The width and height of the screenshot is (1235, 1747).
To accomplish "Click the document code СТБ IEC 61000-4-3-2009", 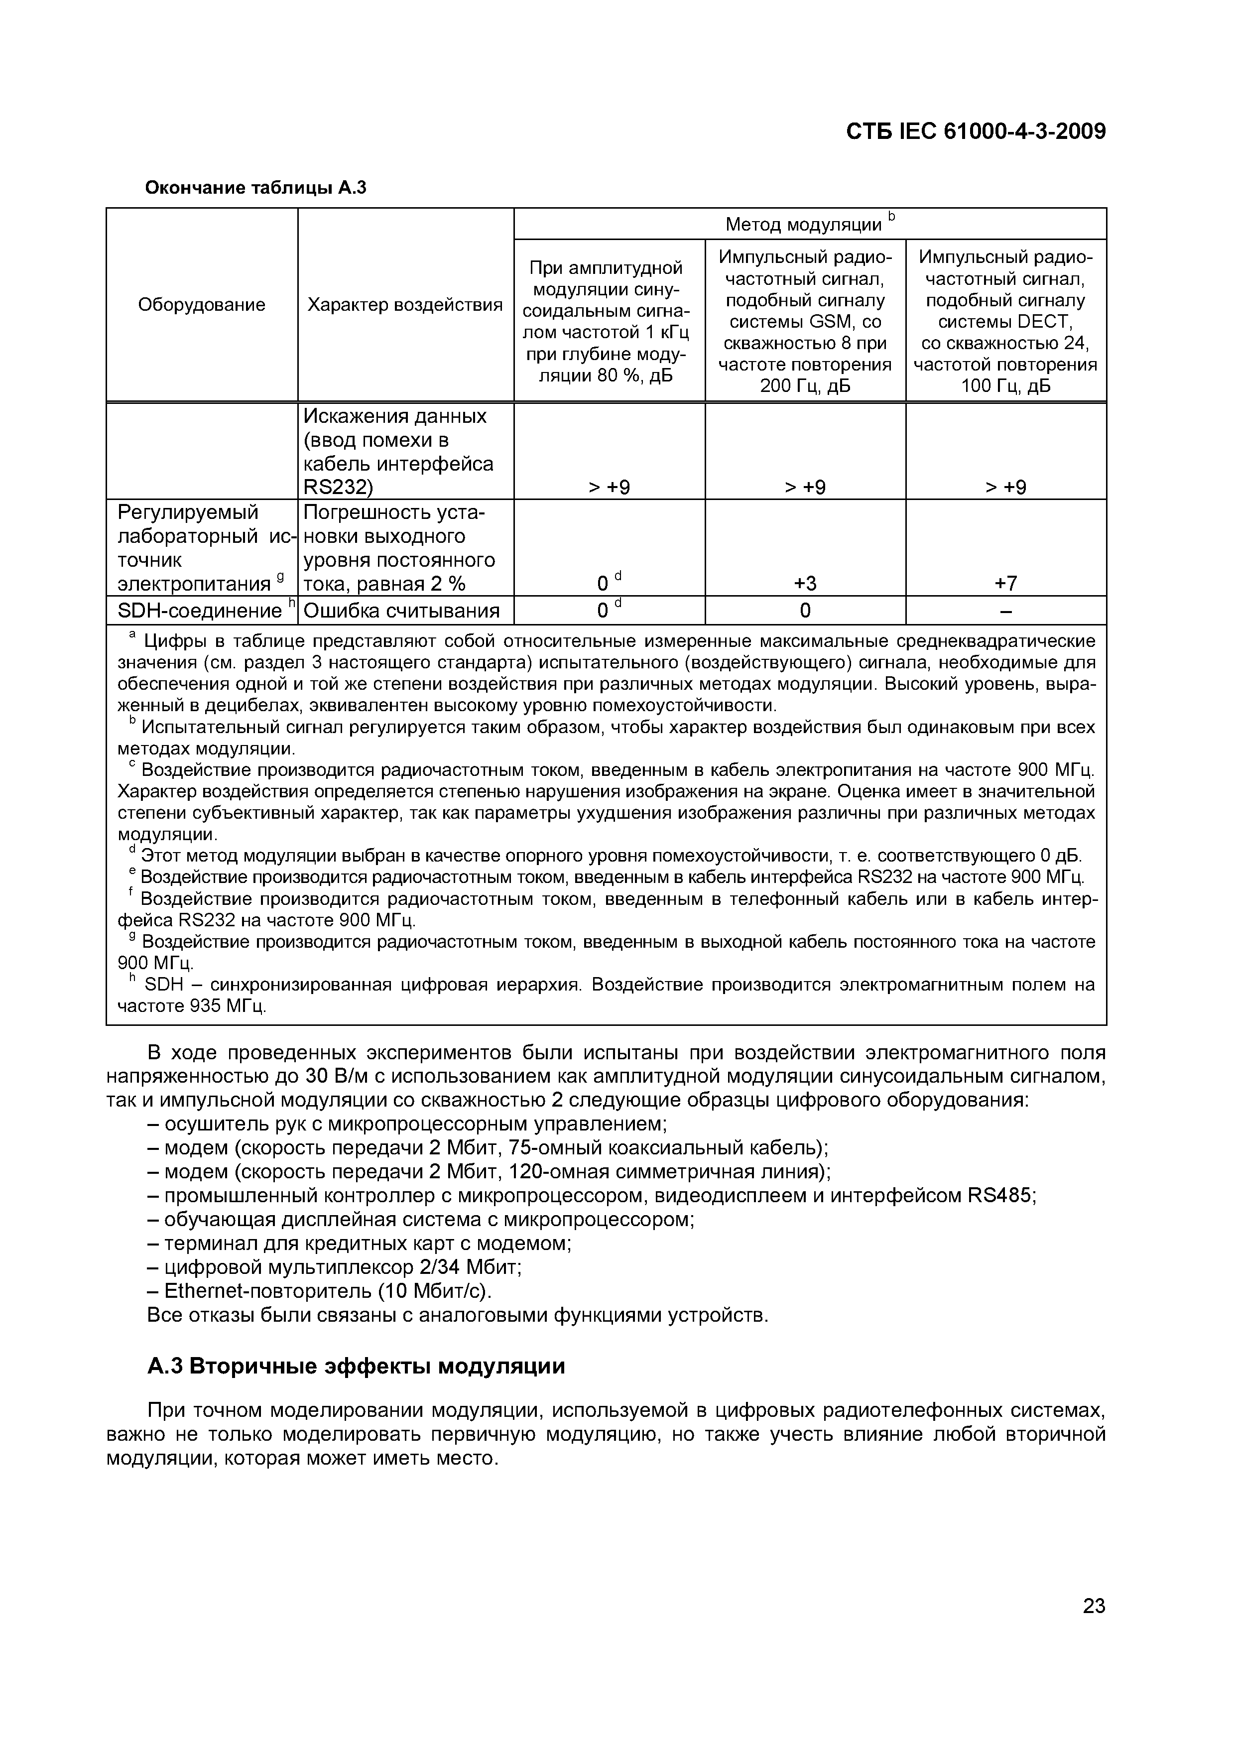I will (x=976, y=131).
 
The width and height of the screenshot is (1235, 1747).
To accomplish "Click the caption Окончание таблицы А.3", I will (x=255, y=187).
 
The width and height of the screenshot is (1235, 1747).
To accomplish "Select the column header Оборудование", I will (x=202, y=305).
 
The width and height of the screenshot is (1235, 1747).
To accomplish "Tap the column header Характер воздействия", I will (x=405, y=305).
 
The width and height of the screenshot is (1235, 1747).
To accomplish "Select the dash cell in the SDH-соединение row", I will (x=1005, y=611).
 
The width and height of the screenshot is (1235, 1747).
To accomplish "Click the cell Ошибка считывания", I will (x=402, y=611).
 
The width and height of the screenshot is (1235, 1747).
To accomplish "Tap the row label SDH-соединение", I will (x=199, y=611).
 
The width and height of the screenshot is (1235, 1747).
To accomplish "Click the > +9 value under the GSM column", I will (x=805, y=487).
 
